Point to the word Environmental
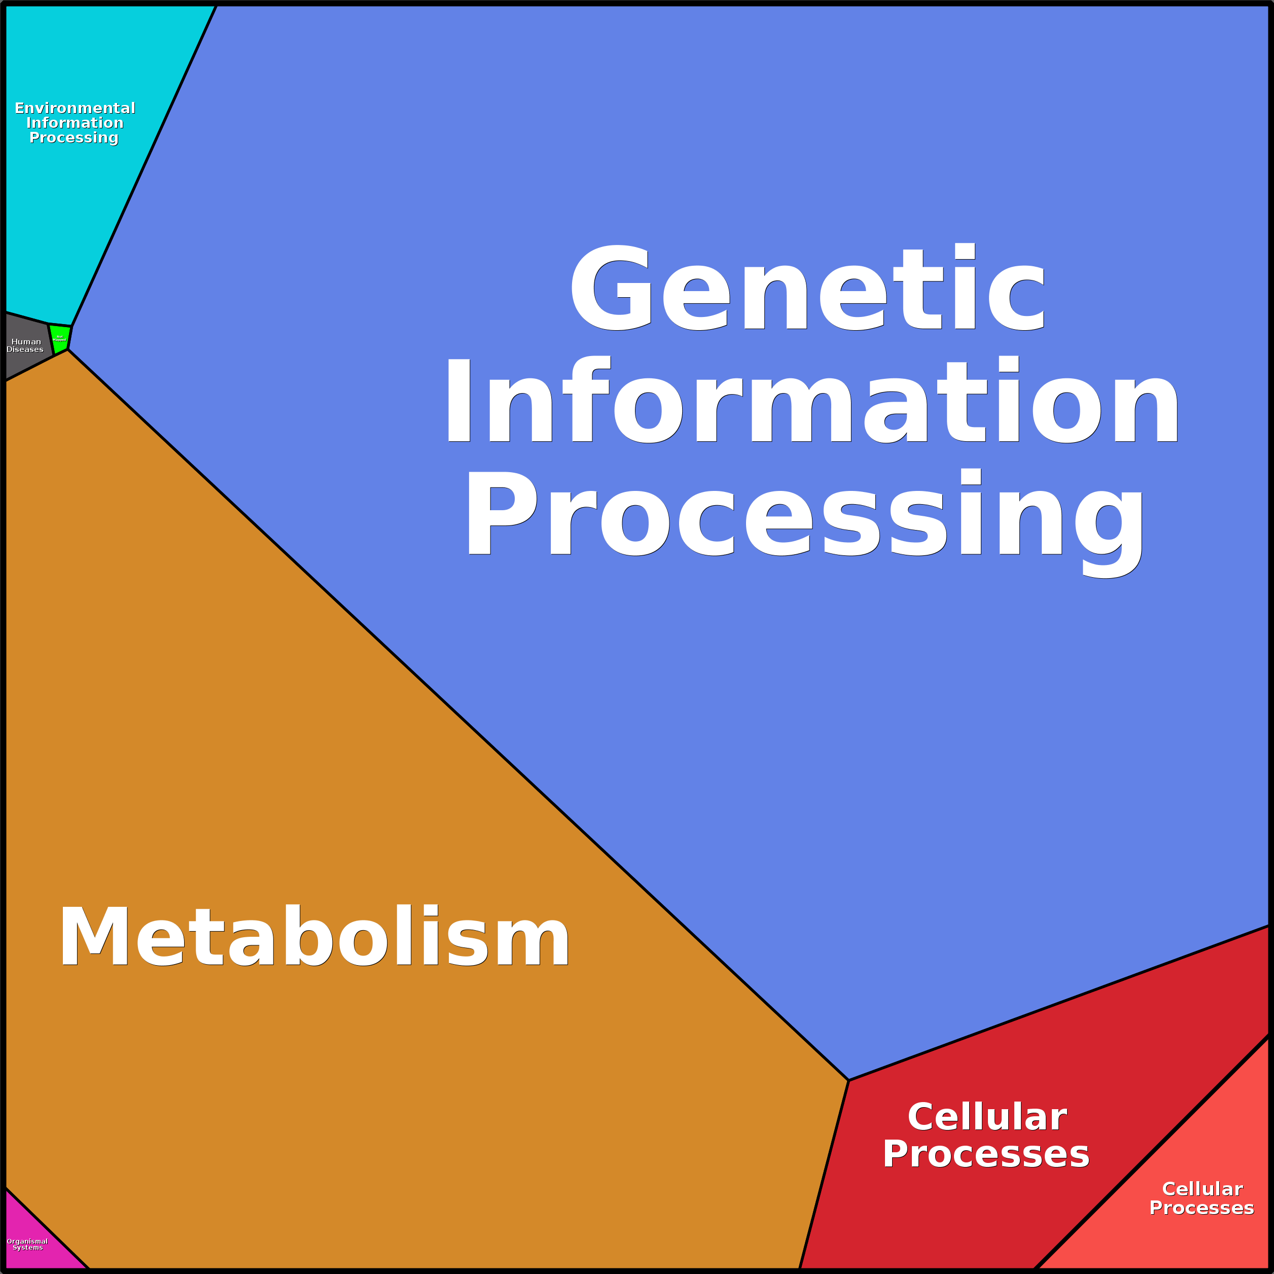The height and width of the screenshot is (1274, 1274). pyautogui.click(x=75, y=108)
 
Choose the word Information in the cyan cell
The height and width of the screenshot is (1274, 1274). pyautogui.click(x=75, y=123)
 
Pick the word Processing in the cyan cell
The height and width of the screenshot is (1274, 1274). pyautogui.click(x=74, y=137)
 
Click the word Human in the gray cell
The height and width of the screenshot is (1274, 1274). pyautogui.click(x=26, y=342)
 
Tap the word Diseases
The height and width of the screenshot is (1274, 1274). pyautogui.click(x=25, y=349)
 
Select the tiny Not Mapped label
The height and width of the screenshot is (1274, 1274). pyautogui.click(x=59, y=338)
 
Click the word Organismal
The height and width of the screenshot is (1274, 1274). pyautogui.click(x=27, y=1241)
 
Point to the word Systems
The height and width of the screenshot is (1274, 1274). pyautogui.click(x=28, y=1248)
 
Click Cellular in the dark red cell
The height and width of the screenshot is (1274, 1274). pyautogui.click(x=987, y=1117)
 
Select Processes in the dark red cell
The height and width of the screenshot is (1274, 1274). pyautogui.click(x=986, y=1154)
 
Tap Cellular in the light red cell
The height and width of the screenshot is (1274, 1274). pyautogui.click(x=1202, y=1189)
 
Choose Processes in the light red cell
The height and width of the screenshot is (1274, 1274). pyautogui.click(x=1201, y=1208)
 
